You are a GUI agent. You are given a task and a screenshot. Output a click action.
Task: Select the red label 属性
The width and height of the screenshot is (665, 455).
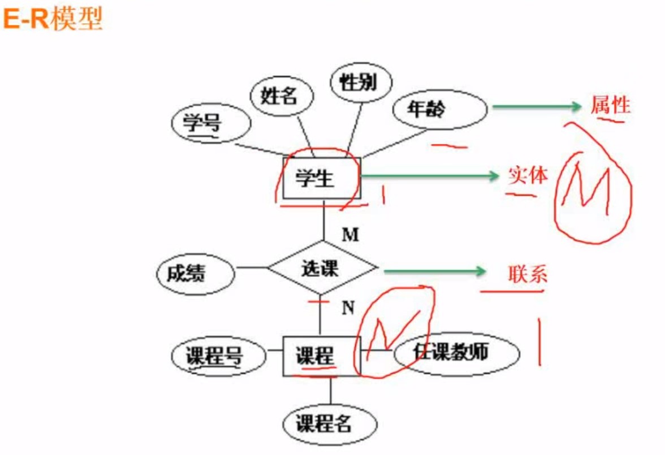pyautogui.click(x=610, y=105)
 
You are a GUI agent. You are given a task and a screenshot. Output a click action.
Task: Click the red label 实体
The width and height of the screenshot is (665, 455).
pyautogui.click(x=528, y=176)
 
